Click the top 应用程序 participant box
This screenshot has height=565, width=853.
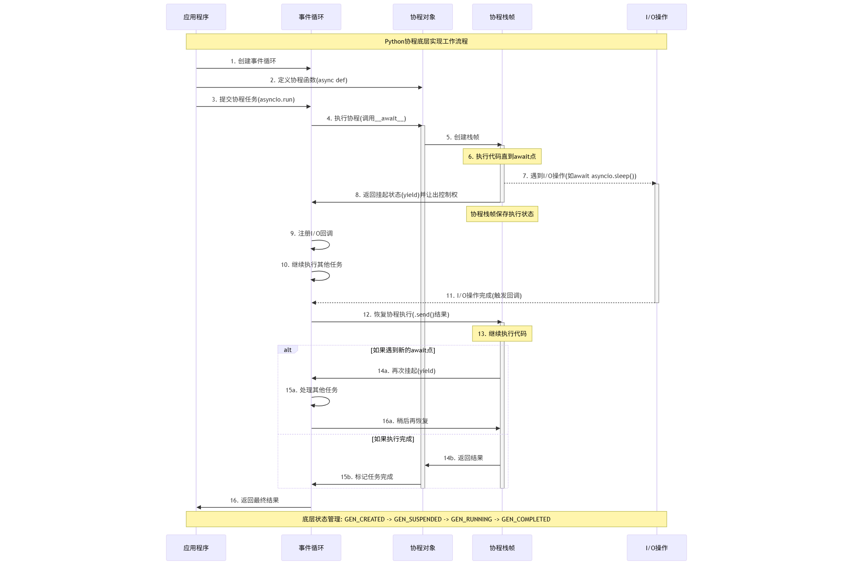coord(196,17)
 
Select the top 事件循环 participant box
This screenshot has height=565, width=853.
coord(311,17)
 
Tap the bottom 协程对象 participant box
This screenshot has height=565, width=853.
coord(422,547)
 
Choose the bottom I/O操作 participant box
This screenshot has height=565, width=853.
coord(657,547)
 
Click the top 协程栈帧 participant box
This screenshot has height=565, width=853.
coord(502,17)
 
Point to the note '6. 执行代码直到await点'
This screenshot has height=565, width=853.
coord(502,156)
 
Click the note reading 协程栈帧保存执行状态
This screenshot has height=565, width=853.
coord(502,214)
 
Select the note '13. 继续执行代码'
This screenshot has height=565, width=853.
coord(502,333)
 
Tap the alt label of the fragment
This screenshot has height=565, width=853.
coord(288,350)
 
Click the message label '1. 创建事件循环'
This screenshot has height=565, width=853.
coord(253,61)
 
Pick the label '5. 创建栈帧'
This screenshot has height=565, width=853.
coord(463,137)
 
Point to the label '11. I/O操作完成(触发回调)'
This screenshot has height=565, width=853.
coord(484,295)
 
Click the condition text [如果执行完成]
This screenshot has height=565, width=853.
coord(393,439)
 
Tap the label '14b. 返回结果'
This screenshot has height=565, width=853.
coord(463,458)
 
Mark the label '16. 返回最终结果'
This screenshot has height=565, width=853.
coord(254,500)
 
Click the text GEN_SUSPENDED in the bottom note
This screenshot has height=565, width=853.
coord(418,519)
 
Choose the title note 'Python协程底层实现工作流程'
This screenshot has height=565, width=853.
coord(426,42)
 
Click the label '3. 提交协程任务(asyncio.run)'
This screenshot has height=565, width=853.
coord(253,99)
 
